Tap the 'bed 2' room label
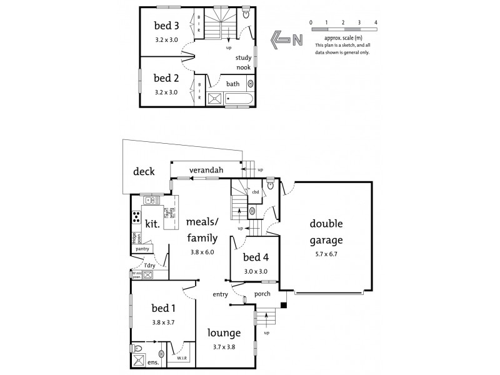tap(166, 78)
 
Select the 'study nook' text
tap(243, 62)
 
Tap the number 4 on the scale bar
tap(376, 22)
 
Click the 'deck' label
tap(144, 172)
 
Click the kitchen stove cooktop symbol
tap(136, 217)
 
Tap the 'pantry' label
tap(142, 249)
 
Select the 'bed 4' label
tap(256, 257)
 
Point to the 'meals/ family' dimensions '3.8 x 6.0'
tap(202, 252)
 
